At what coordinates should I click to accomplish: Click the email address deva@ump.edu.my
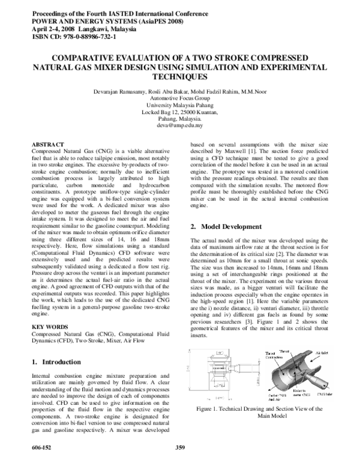(179, 126)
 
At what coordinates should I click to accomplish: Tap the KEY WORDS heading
(49, 327)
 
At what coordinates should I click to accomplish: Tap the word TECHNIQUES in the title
(179, 77)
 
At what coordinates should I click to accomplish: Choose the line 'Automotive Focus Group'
(179, 97)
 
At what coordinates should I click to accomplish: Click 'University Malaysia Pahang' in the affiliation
(179, 104)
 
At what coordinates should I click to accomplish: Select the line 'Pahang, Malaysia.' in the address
(179, 118)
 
